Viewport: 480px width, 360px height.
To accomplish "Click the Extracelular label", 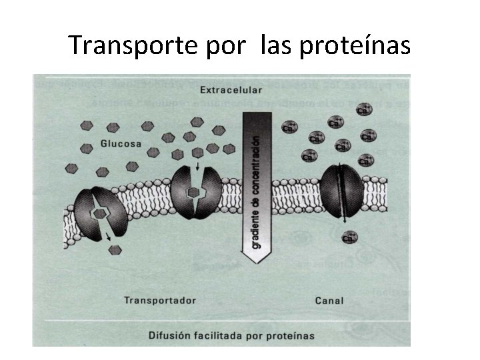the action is tap(231, 89).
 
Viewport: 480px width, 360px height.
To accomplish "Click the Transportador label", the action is tap(160, 300).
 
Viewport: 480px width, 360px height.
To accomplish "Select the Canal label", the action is tap(329, 300).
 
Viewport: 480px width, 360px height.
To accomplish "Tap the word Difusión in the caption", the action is tap(172, 335).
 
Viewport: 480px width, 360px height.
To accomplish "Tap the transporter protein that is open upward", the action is tap(195, 191).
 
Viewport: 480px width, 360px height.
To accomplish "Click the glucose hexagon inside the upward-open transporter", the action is tap(193, 193).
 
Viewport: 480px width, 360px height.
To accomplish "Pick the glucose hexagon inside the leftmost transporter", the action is tap(99, 213).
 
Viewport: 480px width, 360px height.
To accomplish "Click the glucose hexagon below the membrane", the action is tap(115, 250).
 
